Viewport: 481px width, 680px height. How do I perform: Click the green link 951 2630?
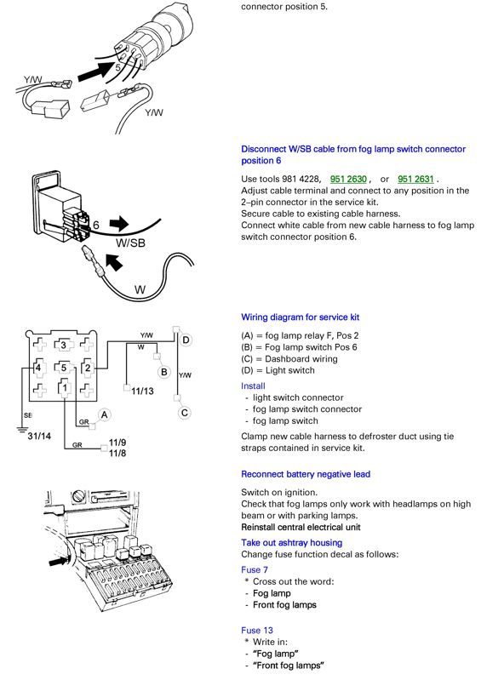click(x=348, y=179)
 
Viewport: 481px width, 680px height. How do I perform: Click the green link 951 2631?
click(x=415, y=179)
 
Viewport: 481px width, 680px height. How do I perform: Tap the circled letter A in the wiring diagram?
click(x=104, y=415)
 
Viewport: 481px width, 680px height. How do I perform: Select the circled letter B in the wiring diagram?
click(x=164, y=372)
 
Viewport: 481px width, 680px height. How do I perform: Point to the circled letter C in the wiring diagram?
click(x=185, y=413)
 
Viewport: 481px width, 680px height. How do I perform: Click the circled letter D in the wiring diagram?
click(x=186, y=340)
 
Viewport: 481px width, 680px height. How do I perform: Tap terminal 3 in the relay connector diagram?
click(x=63, y=346)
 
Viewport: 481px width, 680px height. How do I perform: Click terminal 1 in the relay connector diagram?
click(x=65, y=387)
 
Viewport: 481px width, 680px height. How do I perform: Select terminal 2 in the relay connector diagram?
click(x=88, y=368)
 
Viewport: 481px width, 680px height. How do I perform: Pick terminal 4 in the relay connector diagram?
click(x=38, y=368)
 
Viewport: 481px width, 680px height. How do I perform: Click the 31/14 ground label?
click(x=39, y=436)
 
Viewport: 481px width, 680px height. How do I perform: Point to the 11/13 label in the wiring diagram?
click(x=142, y=391)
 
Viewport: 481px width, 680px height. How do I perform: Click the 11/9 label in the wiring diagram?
click(x=117, y=443)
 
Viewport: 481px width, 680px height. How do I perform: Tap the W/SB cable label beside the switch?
click(x=130, y=243)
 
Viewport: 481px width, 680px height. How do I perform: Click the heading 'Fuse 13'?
click(x=257, y=630)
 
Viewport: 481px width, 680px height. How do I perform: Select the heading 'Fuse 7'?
click(x=255, y=570)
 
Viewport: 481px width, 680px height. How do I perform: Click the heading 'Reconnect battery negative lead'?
click(x=306, y=474)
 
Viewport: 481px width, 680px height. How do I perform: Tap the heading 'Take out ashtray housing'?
click(x=292, y=542)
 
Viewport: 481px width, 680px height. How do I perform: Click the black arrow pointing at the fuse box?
click(x=59, y=562)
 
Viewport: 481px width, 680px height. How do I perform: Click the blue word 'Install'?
click(x=254, y=386)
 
